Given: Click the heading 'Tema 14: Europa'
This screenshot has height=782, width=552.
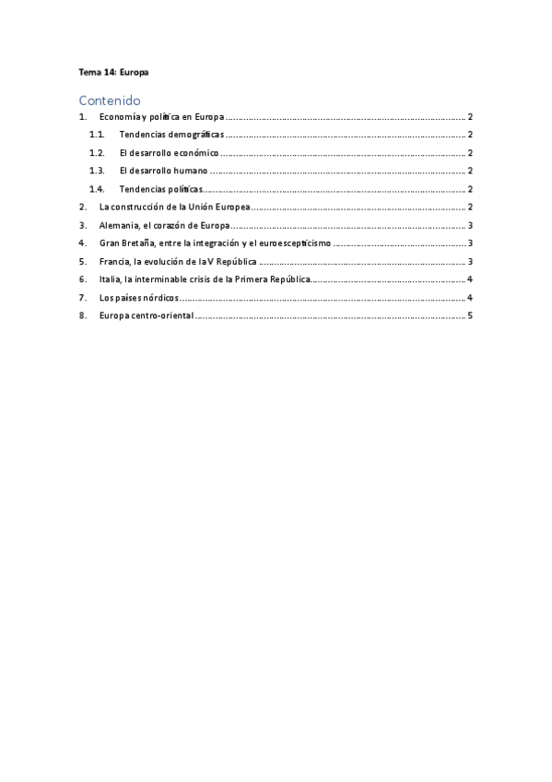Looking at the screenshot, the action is tap(113, 71).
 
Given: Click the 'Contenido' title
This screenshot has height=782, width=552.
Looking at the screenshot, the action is tap(109, 100).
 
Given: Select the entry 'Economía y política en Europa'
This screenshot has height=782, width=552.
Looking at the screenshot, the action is tap(161, 118).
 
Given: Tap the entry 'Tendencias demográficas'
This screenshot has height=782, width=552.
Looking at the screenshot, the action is tap(170, 136).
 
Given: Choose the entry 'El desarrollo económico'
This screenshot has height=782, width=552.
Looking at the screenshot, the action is tap(169, 153).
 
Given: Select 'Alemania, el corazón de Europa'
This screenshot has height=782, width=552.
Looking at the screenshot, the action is tap(163, 225).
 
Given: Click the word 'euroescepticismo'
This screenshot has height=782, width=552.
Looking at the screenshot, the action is tap(295, 243).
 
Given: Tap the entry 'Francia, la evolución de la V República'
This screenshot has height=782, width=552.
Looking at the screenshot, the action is tap(178, 262).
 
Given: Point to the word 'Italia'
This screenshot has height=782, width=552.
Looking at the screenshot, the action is tap(110, 279).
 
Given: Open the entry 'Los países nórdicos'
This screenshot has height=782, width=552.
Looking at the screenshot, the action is tap(138, 298).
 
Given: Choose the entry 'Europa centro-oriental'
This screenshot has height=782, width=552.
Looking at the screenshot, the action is tap(147, 315).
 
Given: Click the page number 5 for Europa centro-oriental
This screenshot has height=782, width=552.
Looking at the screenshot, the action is tap(470, 315).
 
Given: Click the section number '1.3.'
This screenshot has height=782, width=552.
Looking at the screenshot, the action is tap(97, 172).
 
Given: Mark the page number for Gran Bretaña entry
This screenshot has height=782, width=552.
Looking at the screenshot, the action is tap(470, 243).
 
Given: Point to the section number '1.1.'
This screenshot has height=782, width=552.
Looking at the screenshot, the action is tap(97, 136).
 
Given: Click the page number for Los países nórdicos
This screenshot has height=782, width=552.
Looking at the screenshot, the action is tap(470, 298).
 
